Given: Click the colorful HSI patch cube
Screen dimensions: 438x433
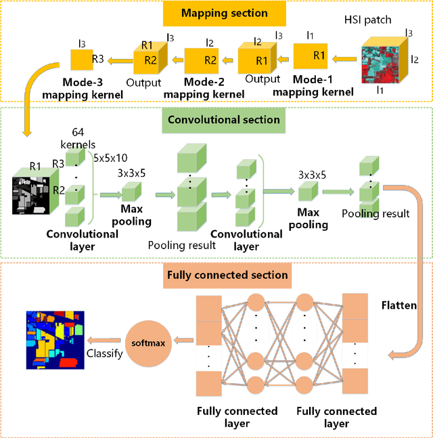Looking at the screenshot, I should [384, 62].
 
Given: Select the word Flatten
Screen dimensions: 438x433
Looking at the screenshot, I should [398, 305].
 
